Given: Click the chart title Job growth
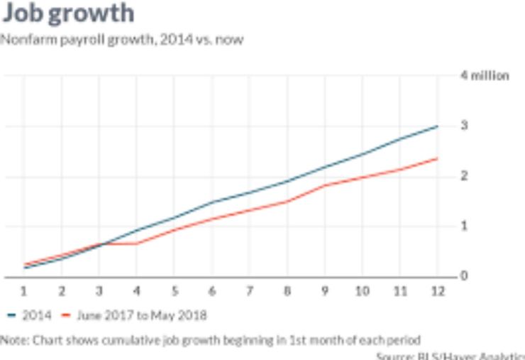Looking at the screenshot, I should (x=67, y=13).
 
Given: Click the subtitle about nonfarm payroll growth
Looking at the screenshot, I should (x=121, y=40).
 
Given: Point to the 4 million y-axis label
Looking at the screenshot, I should (x=485, y=76).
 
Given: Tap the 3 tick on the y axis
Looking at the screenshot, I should (x=464, y=126).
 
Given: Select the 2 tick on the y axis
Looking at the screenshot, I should (x=464, y=176).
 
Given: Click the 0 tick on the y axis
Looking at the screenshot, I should (x=464, y=276).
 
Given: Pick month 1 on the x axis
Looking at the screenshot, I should (x=23, y=290).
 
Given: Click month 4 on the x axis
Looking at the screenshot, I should (x=136, y=290).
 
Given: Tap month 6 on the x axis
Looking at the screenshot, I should (x=211, y=290).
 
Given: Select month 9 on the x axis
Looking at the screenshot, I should (x=324, y=290).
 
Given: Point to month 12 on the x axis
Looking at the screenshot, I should (x=436, y=290).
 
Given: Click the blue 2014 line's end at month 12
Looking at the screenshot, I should (x=437, y=126).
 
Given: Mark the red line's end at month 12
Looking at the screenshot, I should (x=437, y=158).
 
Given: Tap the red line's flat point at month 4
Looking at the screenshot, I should (x=136, y=244).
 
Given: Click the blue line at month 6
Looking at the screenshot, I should (x=211, y=202).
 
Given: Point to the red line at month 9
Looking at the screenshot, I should (x=324, y=185).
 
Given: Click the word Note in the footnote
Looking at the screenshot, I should (x=13, y=339).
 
